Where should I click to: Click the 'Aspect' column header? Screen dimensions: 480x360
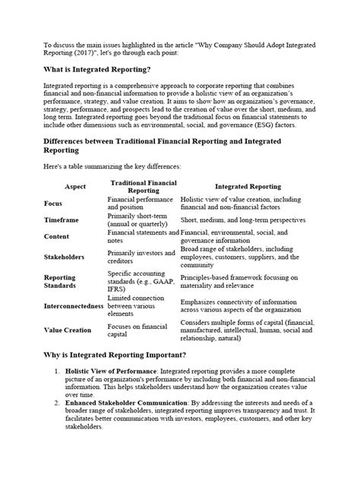pyautogui.click(x=75, y=186)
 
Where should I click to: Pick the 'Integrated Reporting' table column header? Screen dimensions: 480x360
pyautogui.click(x=248, y=186)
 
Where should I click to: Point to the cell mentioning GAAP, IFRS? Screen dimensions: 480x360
pyautogui.click(x=140, y=283)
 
